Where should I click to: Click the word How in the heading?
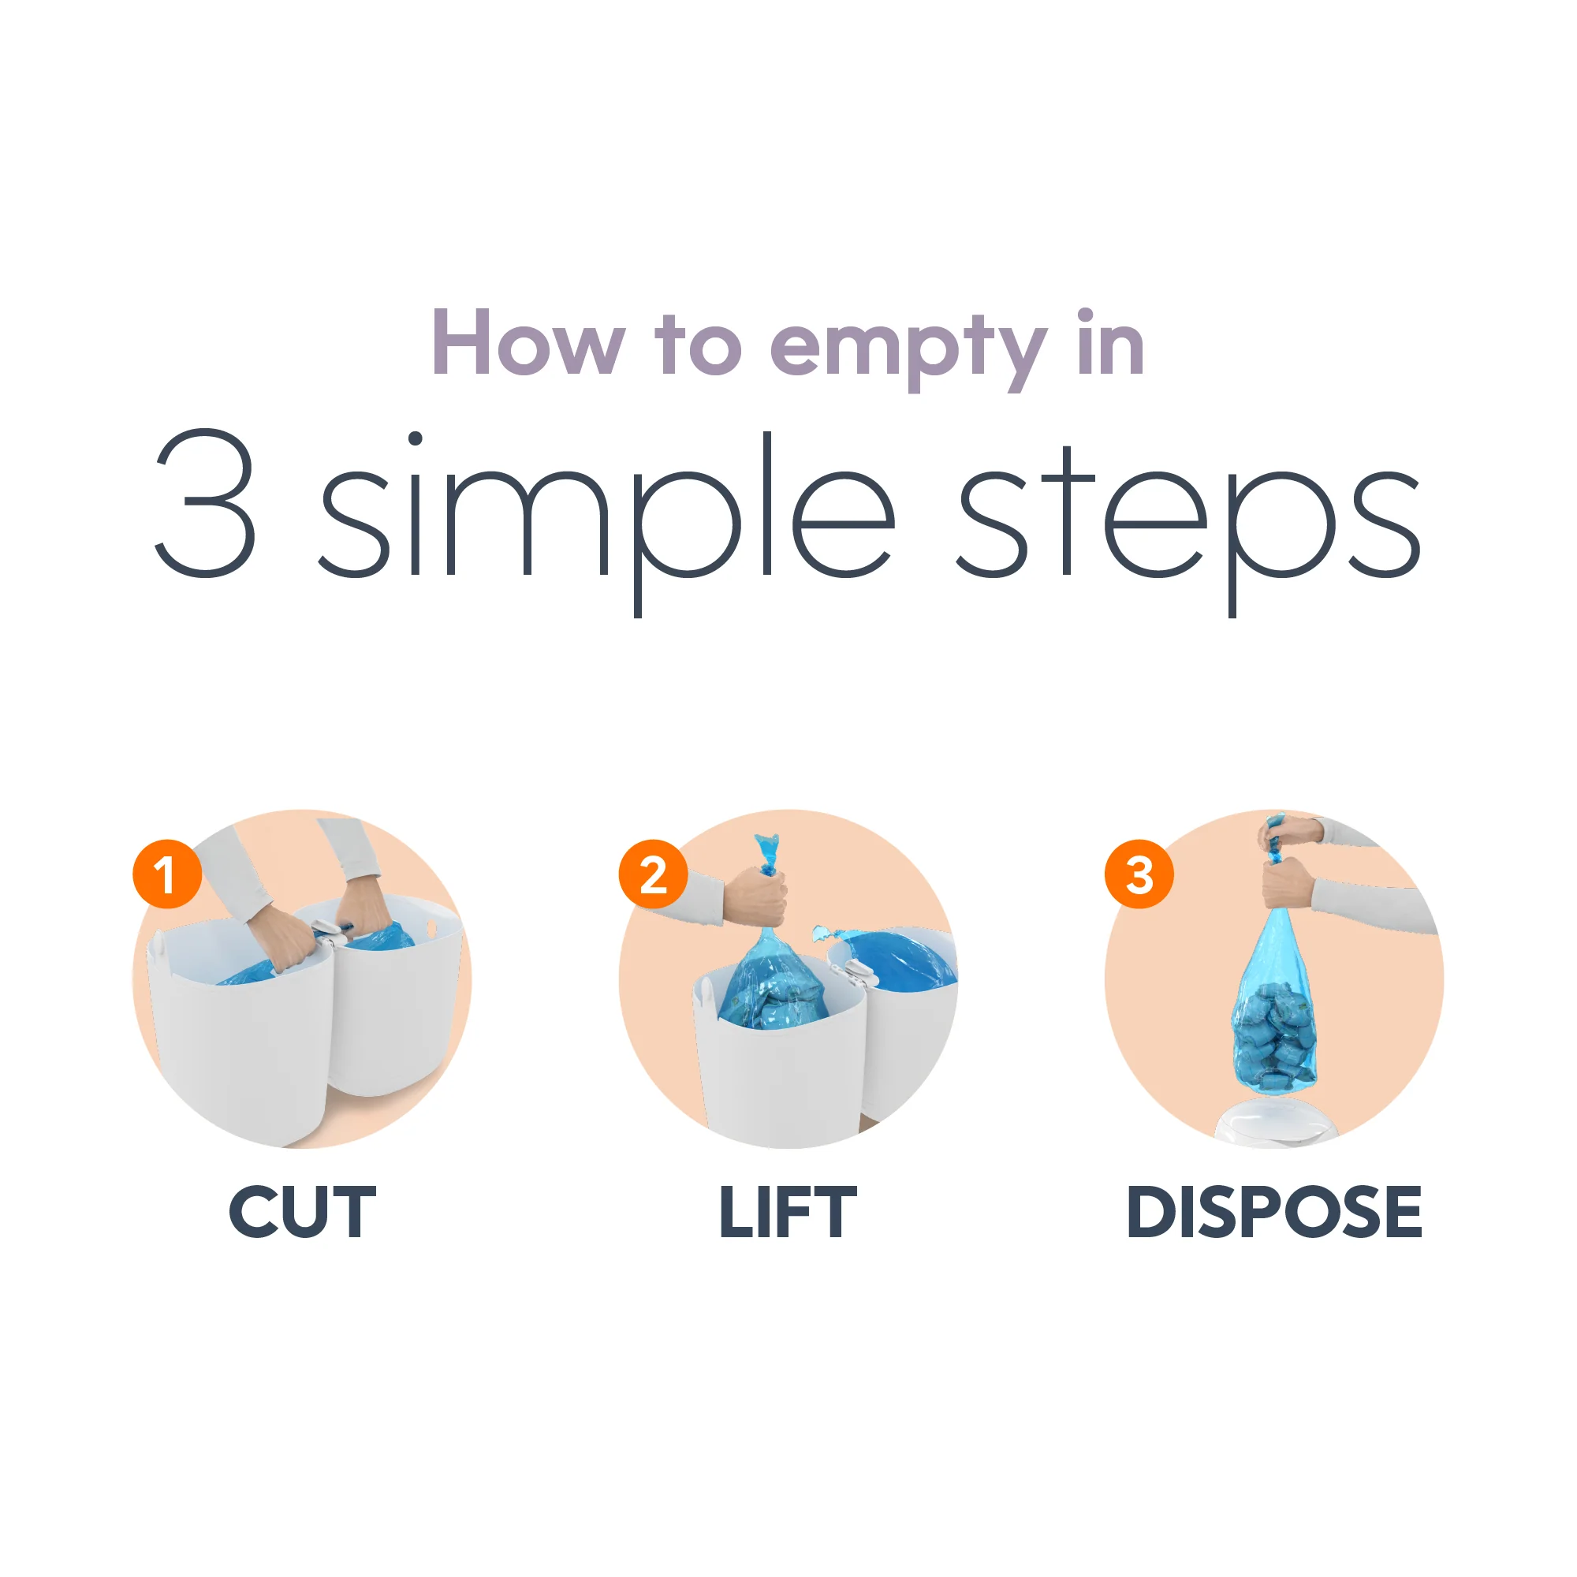tap(529, 345)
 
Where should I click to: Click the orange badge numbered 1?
tap(167, 874)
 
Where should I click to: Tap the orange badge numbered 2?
tap(653, 874)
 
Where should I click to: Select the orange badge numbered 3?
tap(1139, 874)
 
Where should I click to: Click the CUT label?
tap(302, 1213)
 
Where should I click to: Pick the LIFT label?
tap(788, 1213)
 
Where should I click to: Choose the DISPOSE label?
tap(1273, 1213)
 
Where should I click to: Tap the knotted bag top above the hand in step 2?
tap(767, 853)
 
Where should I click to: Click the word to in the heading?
tap(698, 348)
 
